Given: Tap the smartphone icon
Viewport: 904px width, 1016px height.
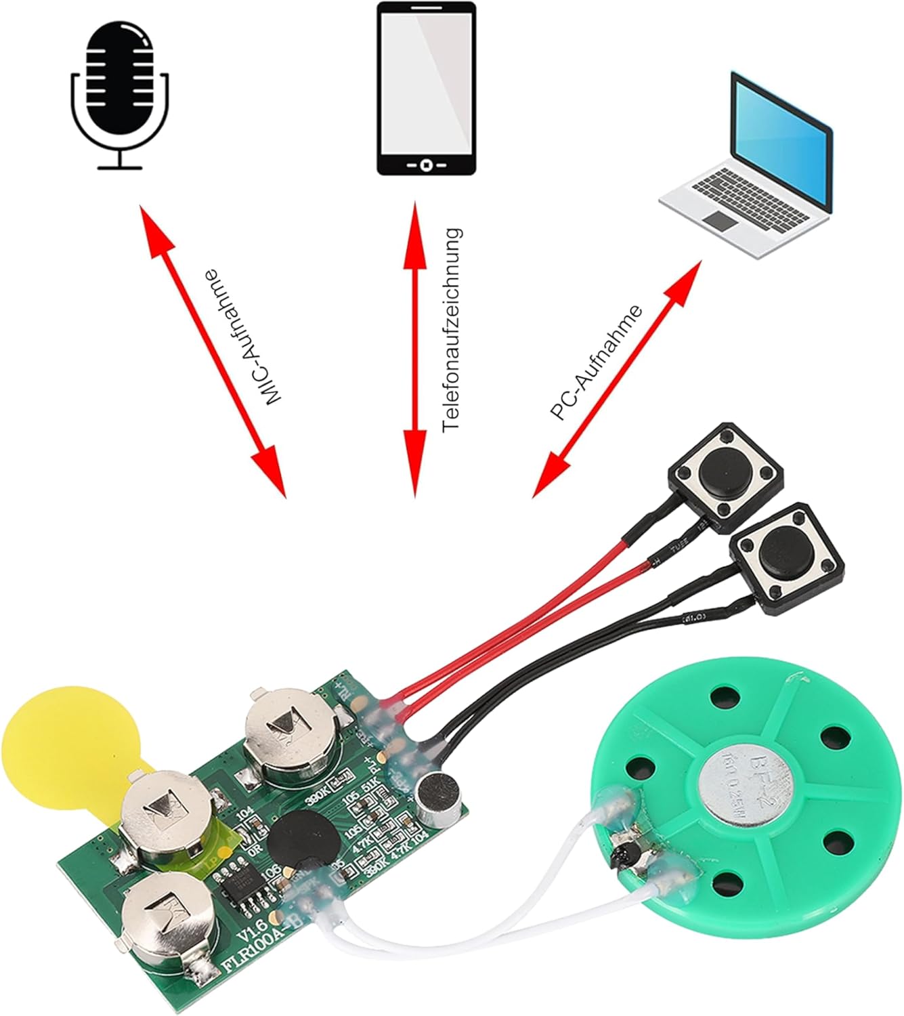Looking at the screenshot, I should pyautogui.click(x=426, y=88).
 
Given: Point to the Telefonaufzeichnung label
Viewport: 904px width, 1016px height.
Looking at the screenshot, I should pyautogui.click(x=450, y=330).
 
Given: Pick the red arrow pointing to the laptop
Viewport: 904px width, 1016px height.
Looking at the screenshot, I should pyautogui.click(x=616, y=379).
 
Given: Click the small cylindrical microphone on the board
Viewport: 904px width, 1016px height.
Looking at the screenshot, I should pyautogui.click(x=441, y=799).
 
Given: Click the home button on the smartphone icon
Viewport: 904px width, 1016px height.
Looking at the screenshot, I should pyautogui.click(x=426, y=165).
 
